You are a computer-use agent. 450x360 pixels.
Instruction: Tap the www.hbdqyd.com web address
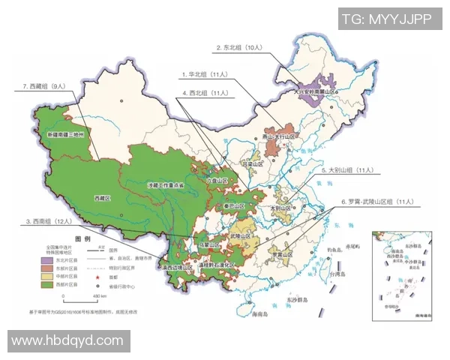click(x=67, y=340)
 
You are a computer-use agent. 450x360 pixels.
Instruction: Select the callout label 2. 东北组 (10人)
click(x=238, y=47)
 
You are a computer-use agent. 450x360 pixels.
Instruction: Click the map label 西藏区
click(x=103, y=197)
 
